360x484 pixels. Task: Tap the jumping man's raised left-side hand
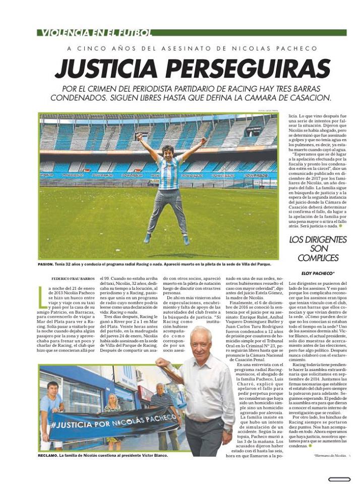(139, 136)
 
